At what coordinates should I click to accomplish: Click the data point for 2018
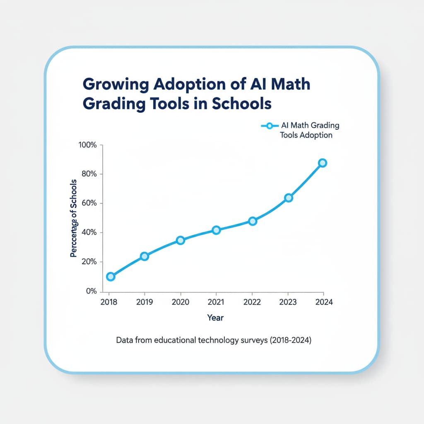point(111,277)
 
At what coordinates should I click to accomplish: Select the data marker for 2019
point(144,256)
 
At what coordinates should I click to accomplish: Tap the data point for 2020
point(180,240)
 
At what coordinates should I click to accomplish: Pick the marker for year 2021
point(216,230)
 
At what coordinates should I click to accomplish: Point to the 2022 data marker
point(253,221)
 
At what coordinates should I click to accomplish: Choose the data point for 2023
point(289,198)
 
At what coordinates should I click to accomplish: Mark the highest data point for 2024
point(323,163)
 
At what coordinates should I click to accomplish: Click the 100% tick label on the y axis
point(87,145)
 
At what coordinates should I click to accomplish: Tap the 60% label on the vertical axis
point(89,203)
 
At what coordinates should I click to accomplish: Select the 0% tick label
point(91,291)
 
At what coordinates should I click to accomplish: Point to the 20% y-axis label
point(89,262)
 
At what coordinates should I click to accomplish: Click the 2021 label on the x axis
point(216,302)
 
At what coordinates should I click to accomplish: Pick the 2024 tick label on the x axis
point(324,302)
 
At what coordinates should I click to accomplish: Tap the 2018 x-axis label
point(109,302)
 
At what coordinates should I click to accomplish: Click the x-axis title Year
point(215,318)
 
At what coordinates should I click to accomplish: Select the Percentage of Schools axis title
point(74,218)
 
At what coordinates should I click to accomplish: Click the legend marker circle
point(270,125)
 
